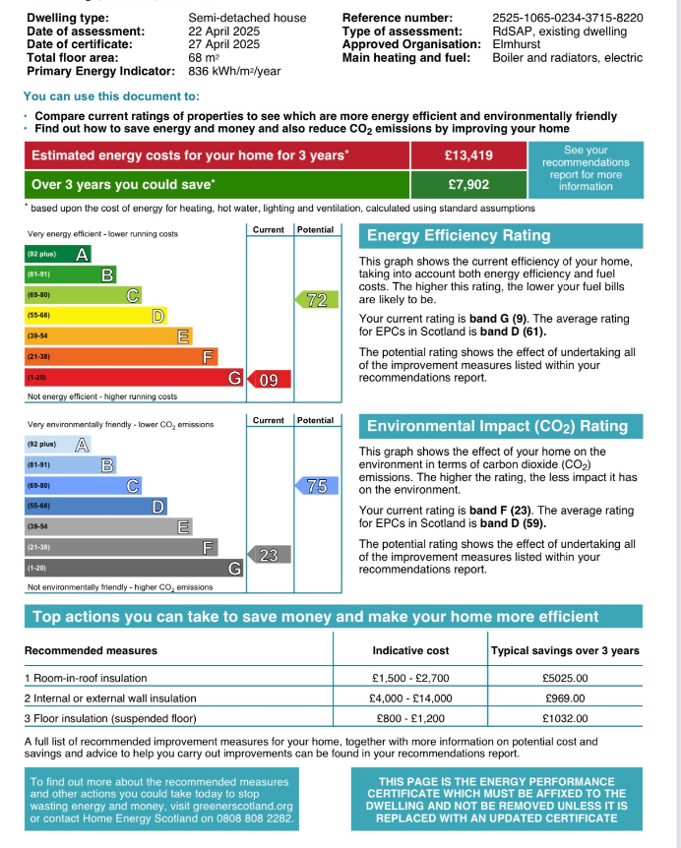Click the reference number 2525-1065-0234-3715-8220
567,18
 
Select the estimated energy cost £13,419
468,155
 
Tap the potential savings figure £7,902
468,184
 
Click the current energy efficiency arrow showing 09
267,379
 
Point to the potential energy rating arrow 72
315,301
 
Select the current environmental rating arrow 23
267,556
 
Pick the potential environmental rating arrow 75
315,485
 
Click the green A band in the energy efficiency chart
58,254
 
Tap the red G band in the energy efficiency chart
134,378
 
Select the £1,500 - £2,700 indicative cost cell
410,678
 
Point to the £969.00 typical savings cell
565,698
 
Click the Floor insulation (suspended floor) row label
110,718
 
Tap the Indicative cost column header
410,650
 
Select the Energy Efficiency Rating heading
459,236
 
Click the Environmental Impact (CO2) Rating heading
497,426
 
